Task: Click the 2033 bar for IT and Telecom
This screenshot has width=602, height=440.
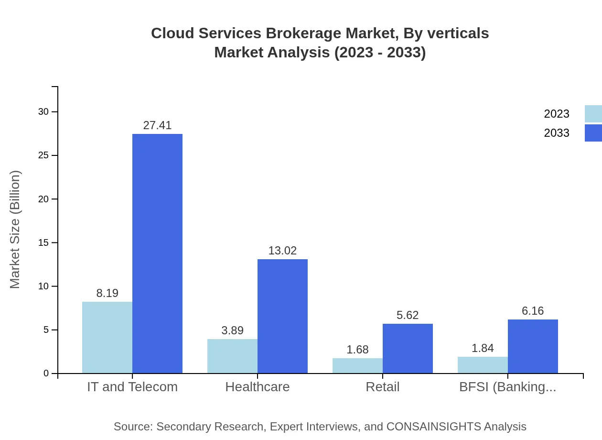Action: click(157, 253)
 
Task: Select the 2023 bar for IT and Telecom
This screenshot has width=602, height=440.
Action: click(107, 337)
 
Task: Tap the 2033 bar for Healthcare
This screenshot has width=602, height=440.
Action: click(282, 316)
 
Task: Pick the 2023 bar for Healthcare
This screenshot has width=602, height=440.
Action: click(232, 356)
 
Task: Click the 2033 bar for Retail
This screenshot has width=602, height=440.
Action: click(408, 348)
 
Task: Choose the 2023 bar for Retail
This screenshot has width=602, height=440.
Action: click(357, 366)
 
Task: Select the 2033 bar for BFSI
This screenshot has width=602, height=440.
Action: click(533, 346)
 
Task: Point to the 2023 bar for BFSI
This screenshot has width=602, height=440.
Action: click(483, 365)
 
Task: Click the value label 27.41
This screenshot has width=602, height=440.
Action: click(157, 125)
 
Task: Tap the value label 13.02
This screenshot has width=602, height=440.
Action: click(282, 251)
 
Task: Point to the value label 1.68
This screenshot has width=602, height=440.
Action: click(357, 350)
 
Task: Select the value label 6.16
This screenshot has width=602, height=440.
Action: click(533, 311)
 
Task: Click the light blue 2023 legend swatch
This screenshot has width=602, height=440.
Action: click(593, 114)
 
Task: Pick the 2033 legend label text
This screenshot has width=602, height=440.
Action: click(557, 133)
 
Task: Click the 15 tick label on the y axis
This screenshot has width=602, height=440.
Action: click(43, 243)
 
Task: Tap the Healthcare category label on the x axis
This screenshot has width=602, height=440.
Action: click(258, 387)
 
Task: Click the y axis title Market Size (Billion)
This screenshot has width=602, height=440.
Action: click(15, 230)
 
